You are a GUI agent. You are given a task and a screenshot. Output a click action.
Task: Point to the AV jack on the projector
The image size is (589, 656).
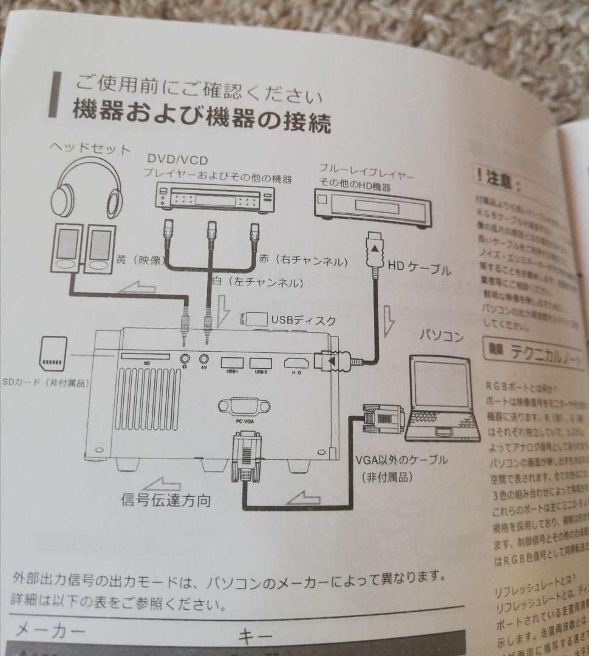pos(205,360)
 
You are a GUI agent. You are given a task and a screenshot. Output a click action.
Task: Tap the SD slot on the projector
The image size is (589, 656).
pos(146,356)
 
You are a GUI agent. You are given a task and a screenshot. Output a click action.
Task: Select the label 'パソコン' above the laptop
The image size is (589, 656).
pos(441,337)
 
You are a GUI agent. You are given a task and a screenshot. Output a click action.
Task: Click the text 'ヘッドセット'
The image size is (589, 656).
pos(90,148)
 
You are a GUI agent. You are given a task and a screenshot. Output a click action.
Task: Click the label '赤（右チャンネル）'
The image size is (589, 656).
pos(302,261)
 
